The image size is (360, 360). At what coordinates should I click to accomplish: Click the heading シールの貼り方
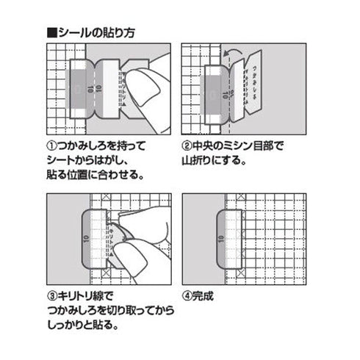coord(93,34)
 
